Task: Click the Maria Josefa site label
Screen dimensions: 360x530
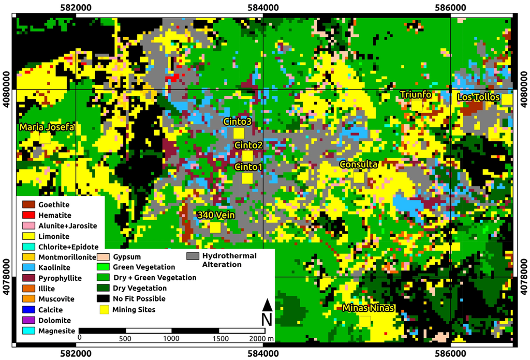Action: [x=47, y=127]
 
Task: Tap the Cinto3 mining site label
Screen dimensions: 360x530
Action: [x=238, y=121]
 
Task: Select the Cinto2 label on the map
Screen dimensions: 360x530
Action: [x=248, y=145]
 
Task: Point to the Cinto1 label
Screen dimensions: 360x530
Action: [x=248, y=167]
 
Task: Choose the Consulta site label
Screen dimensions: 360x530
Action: [x=358, y=164]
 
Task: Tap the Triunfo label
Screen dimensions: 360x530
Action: [x=416, y=94]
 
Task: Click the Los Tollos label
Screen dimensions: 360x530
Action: [x=478, y=97]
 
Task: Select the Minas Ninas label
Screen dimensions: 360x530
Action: [x=369, y=308]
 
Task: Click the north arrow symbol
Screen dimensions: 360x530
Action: [x=267, y=305]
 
